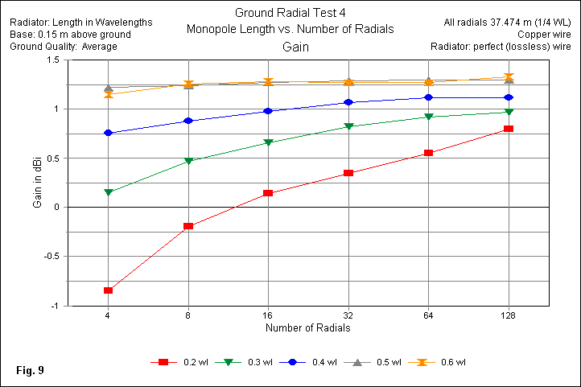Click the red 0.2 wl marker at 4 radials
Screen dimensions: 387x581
pos(108,290)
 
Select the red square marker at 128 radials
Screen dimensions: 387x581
pos(509,129)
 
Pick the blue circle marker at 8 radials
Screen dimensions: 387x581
pos(188,121)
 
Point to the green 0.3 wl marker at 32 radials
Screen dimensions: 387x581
pos(348,127)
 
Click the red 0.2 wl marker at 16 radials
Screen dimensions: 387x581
pos(268,193)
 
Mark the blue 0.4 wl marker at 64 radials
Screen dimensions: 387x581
pos(428,97)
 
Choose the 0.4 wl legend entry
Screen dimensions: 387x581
pos(314,362)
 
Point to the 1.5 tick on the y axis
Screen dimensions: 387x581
pos(52,60)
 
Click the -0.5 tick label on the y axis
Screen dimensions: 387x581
pos(50,257)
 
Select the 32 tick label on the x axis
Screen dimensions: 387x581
pos(348,315)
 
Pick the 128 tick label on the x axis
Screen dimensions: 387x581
pos(509,315)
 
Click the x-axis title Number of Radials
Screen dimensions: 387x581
pos(307,327)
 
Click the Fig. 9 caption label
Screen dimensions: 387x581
pos(30,371)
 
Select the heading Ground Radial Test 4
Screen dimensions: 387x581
pos(290,13)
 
